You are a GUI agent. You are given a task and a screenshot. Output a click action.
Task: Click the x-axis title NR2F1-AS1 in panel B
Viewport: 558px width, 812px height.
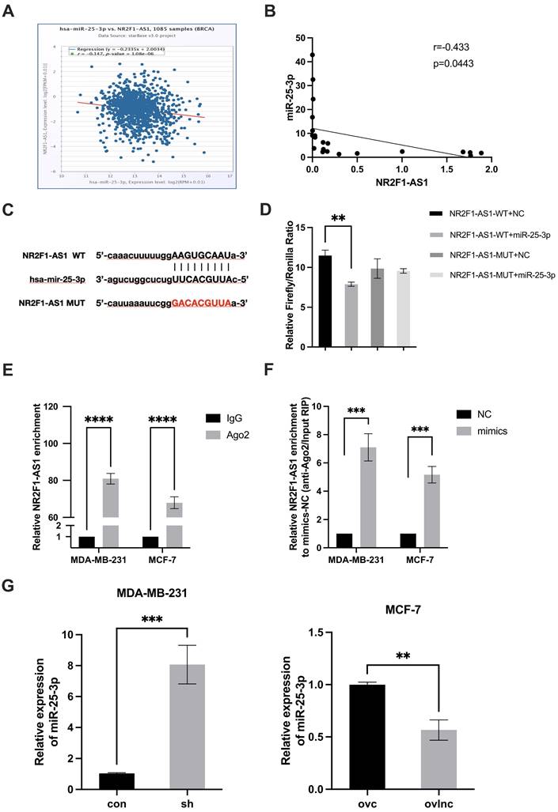[x=400, y=185]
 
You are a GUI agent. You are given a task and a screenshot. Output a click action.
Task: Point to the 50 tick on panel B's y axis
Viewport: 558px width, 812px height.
[x=300, y=37]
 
